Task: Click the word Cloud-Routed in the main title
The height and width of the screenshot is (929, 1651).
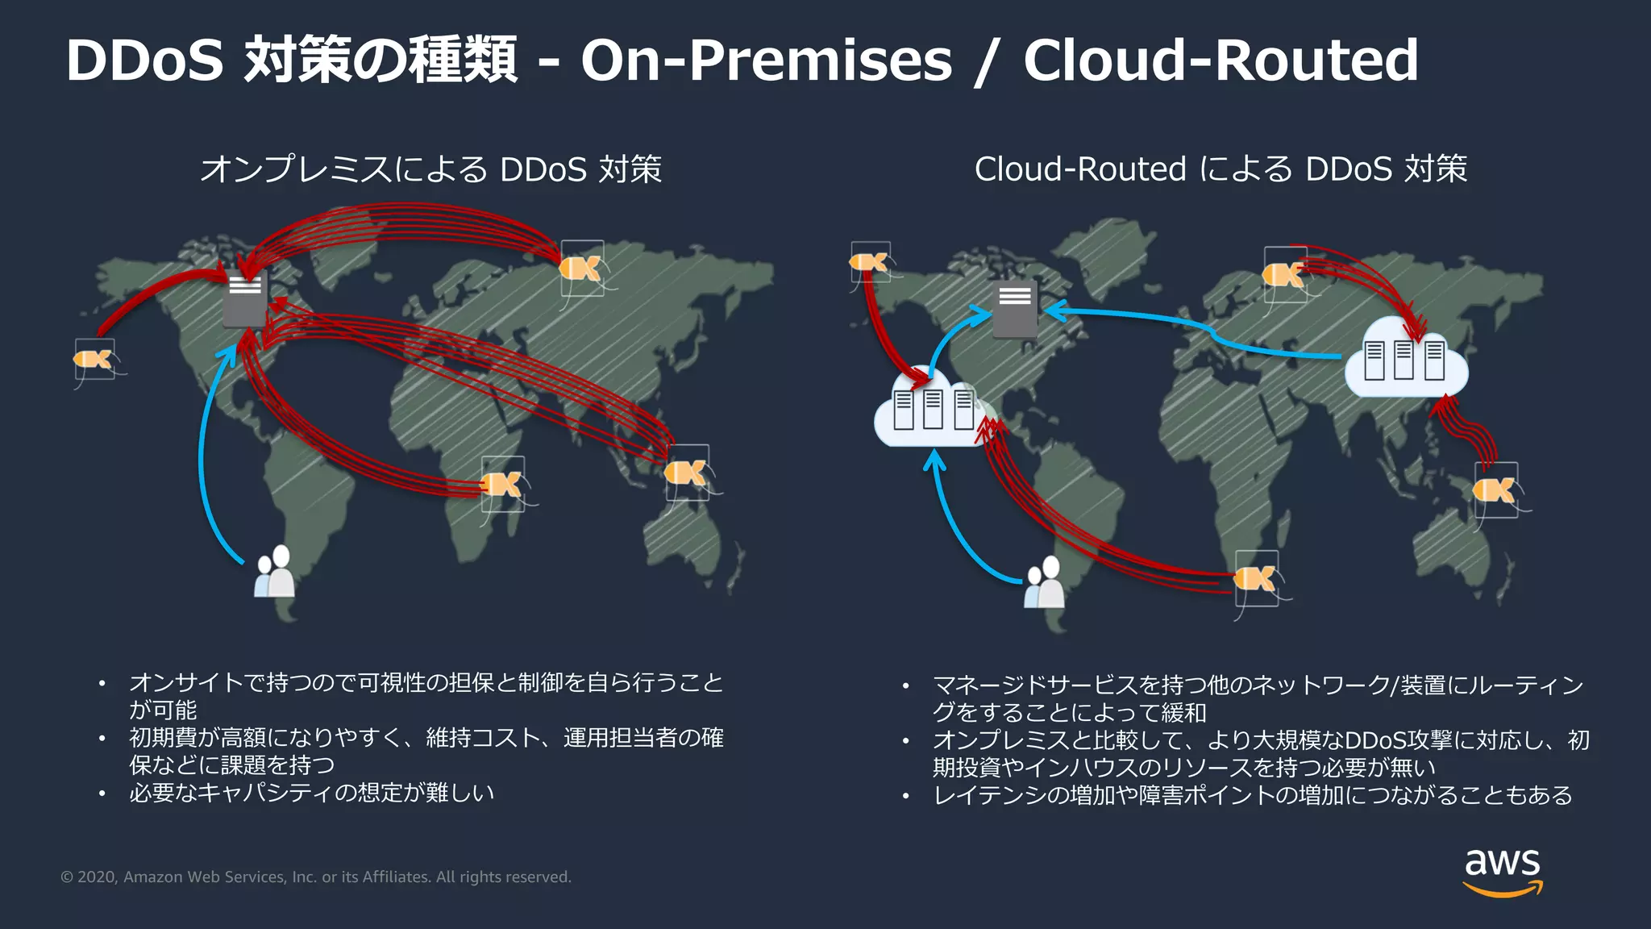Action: click(x=1221, y=60)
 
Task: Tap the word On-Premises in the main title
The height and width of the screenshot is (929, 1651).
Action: click(x=766, y=60)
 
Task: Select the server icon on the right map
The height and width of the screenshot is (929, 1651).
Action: click(x=1015, y=310)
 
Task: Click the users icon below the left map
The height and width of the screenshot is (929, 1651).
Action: click(x=274, y=572)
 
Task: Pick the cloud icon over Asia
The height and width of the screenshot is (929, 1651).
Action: click(x=1406, y=359)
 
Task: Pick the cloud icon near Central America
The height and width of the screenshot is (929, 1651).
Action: click(x=932, y=410)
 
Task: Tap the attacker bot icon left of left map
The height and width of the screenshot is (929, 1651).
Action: click(x=94, y=359)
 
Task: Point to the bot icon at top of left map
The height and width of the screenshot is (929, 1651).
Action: click(x=581, y=268)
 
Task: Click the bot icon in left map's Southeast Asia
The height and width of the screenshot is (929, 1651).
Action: click(x=687, y=473)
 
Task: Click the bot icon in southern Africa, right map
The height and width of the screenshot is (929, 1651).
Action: click(x=1256, y=578)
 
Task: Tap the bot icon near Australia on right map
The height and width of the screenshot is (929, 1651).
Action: click(x=1495, y=489)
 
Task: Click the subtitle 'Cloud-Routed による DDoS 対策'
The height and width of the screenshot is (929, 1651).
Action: click(x=1221, y=169)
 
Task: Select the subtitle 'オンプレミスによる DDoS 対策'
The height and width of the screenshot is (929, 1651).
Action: click(x=431, y=169)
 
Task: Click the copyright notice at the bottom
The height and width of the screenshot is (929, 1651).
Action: click(x=316, y=877)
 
